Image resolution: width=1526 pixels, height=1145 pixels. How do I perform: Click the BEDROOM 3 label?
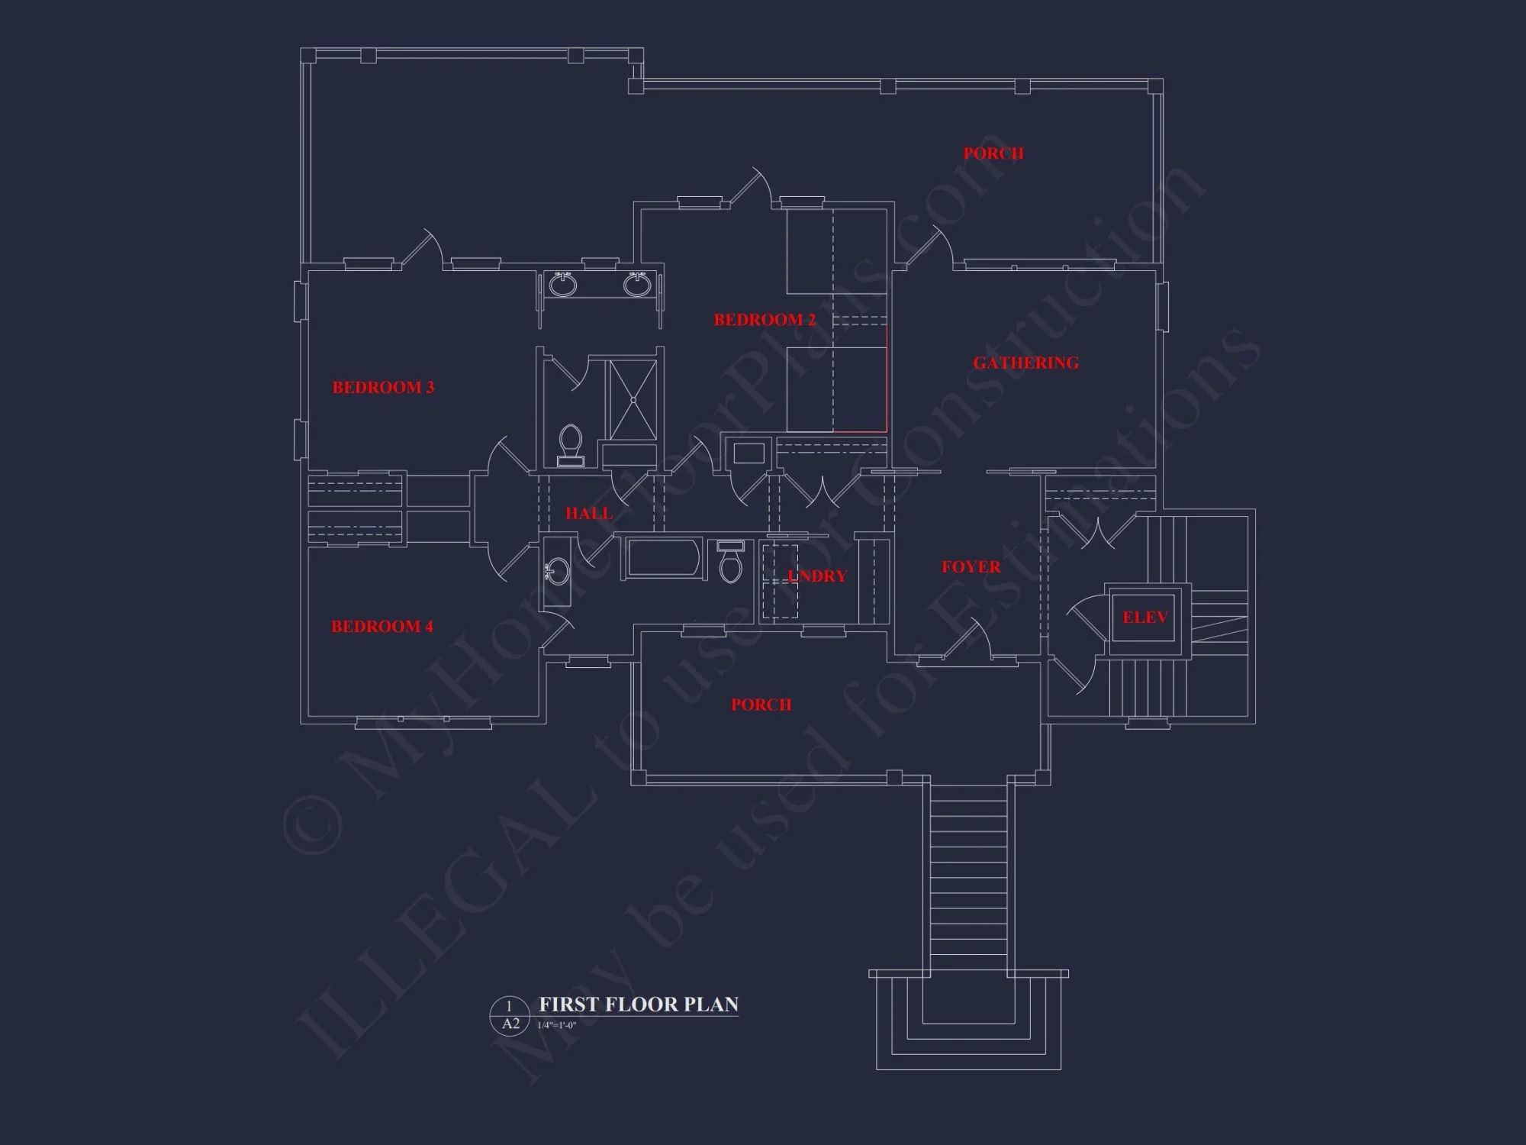coord(383,387)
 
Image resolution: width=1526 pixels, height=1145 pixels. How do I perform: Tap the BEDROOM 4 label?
coord(382,627)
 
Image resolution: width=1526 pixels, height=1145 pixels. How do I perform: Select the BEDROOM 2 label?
coord(765,320)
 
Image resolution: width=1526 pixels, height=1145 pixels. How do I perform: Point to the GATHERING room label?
coord(1025,363)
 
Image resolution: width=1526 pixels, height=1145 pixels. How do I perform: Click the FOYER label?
coord(971,566)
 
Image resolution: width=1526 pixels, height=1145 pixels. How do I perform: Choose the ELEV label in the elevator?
coord(1144,617)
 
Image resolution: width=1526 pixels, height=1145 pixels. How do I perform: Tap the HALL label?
coord(588,514)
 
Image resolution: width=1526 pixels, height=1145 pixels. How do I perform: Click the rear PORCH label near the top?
coord(993,153)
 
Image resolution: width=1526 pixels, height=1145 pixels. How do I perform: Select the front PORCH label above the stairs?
coord(761,705)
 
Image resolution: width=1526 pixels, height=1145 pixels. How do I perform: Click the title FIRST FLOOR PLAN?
coord(639,1004)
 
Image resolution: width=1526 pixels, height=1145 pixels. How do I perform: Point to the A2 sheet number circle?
coord(510,1015)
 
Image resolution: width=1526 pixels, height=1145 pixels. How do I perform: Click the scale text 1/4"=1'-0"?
coord(556,1026)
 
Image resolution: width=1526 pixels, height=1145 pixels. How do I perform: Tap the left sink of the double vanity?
coord(563,285)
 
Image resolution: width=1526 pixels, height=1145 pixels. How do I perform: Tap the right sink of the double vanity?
coord(636,285)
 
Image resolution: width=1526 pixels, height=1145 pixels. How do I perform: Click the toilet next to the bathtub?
coord(731,563)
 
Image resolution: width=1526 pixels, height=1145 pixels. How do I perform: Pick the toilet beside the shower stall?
coord(570,445)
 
